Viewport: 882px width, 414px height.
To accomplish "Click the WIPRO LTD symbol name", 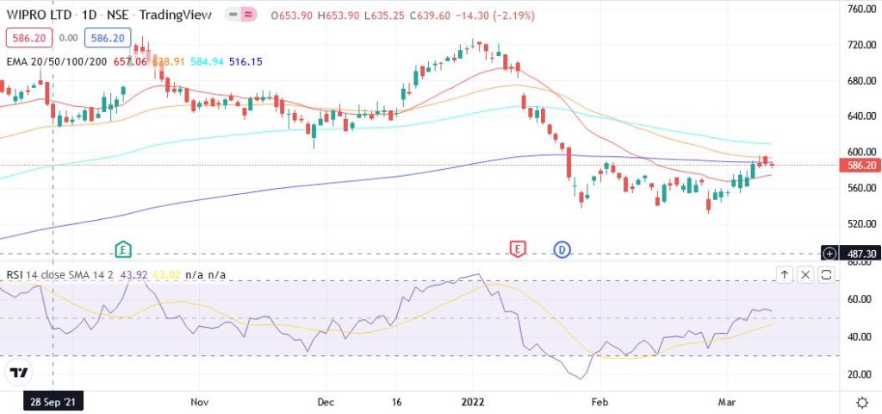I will [x=39, y=15].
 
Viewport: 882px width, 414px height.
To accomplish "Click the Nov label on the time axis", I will [x=200, y=402].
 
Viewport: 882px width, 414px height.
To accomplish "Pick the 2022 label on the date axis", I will [x=474, y=402].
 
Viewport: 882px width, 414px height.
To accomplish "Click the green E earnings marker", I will [x=124, y=249].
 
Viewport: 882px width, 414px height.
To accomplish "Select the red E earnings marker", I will [x=518, y=249].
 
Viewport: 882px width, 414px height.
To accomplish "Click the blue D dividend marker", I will [x=562, y=249].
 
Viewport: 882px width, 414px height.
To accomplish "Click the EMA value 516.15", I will [x=245, y=61].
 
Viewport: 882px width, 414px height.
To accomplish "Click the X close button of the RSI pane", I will [x=805, y=275].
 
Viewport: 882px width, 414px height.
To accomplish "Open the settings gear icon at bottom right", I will [x=862, y=402].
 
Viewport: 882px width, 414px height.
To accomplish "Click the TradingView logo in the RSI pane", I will [x=18, y=373].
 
